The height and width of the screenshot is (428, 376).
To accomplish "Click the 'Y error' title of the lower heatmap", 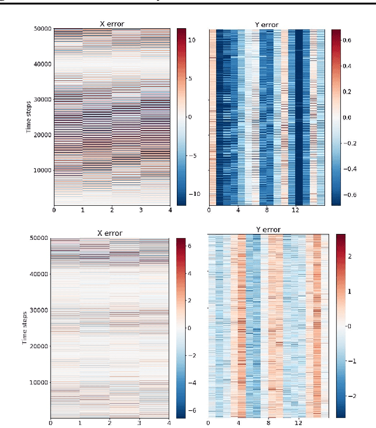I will tap(267, 229).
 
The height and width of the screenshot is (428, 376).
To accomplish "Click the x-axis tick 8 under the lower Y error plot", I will tap(267, 422).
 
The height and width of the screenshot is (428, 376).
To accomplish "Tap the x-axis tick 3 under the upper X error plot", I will tap(140, 210).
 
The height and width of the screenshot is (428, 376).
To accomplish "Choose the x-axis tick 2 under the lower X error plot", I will tap(109, 422).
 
